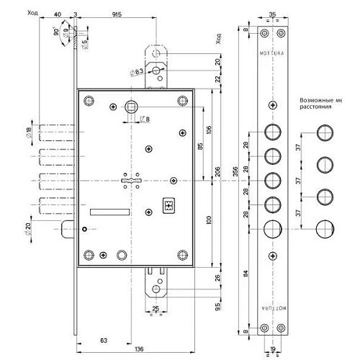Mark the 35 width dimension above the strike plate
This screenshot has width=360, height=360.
[271, 12]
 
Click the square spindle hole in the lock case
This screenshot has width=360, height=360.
[133, 106]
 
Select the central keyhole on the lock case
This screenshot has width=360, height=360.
[128, 179]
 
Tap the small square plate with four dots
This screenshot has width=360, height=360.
[170, 204]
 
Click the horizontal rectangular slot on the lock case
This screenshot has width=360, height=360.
[109, 212]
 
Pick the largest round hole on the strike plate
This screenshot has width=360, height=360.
[272, 230]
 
